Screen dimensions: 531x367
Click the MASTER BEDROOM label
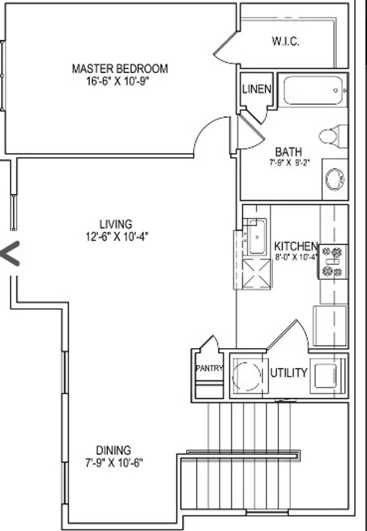[x=120, y=68]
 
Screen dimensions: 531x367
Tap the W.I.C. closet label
[x=285, y=41]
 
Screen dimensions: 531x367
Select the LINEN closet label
[x=256, y=89]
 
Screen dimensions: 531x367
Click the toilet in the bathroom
[x=332, y=136]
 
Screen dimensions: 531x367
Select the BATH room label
[x=288, y=151]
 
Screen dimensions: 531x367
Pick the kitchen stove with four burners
[x=333, y=262]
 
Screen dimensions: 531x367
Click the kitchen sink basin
[x=256, y=237]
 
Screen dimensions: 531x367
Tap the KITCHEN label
[x=296, y=246]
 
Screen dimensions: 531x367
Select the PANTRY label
[x=209, y=368]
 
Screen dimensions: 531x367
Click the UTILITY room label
[x=288, y=373]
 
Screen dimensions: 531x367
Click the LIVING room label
[x=116, y=225]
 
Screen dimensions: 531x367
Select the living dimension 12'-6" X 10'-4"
[x=116, y=236]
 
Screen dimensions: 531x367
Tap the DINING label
[x=113, y=450]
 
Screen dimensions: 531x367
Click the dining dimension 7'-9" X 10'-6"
[x=113, y=462]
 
